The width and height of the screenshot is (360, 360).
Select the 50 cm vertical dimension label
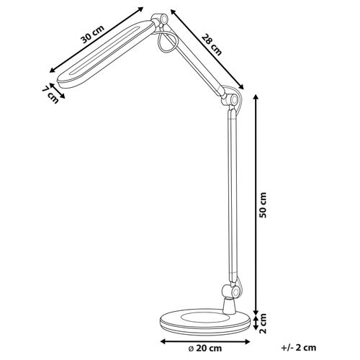pos(264,206)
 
